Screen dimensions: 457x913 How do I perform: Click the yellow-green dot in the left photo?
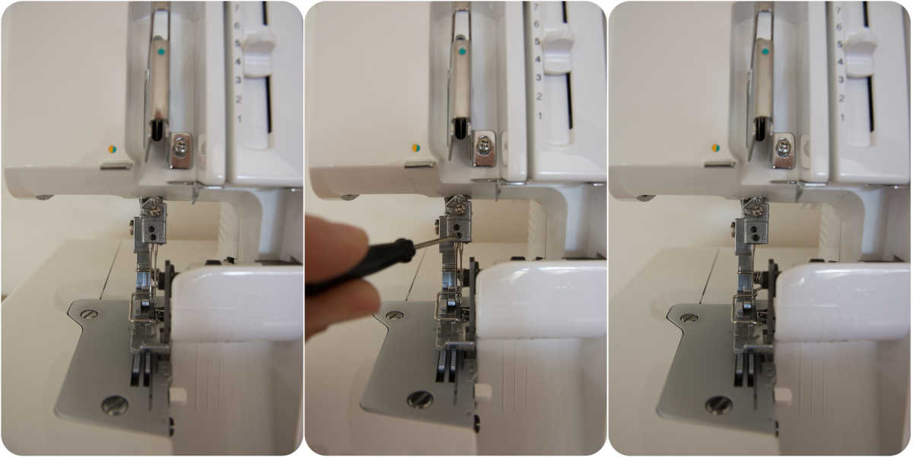click(x=112, y=149)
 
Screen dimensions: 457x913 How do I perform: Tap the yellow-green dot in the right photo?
click(x=715, y=148)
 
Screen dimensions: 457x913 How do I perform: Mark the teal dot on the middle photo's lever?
click(x=462, y=52)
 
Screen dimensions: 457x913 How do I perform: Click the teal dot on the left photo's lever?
click(x=161, y=53)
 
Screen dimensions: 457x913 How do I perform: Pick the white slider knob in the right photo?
click(x=861, y=52)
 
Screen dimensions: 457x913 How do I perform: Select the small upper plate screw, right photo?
click(x=689, y=318)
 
